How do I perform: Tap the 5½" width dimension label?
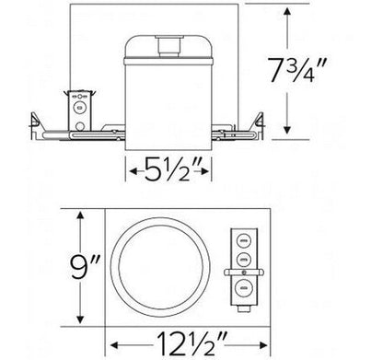click(167, 169)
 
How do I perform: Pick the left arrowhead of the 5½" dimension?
click(131, 168)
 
